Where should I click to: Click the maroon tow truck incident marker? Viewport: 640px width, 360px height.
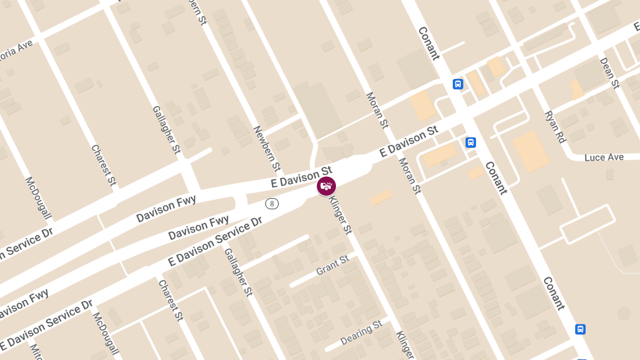click(326, 186)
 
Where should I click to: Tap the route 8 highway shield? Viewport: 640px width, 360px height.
click(272, 204)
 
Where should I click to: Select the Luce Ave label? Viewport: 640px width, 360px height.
click(604, 157)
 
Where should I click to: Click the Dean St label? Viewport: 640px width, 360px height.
click(609, 73)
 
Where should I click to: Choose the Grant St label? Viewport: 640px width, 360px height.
click(332, 265)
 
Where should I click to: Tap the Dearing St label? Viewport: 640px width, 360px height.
click(362, 332)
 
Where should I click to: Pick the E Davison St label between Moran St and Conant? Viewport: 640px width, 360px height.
click(409, 141)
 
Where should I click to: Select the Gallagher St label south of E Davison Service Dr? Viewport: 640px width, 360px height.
click(238, 272)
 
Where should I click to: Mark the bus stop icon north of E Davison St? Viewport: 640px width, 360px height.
click(458, 84)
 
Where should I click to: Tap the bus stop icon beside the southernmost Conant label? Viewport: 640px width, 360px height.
click(580, 329)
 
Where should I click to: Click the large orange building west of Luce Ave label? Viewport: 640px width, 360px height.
click(531, 151)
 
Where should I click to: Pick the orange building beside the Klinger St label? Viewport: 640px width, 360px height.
click(381, 197)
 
